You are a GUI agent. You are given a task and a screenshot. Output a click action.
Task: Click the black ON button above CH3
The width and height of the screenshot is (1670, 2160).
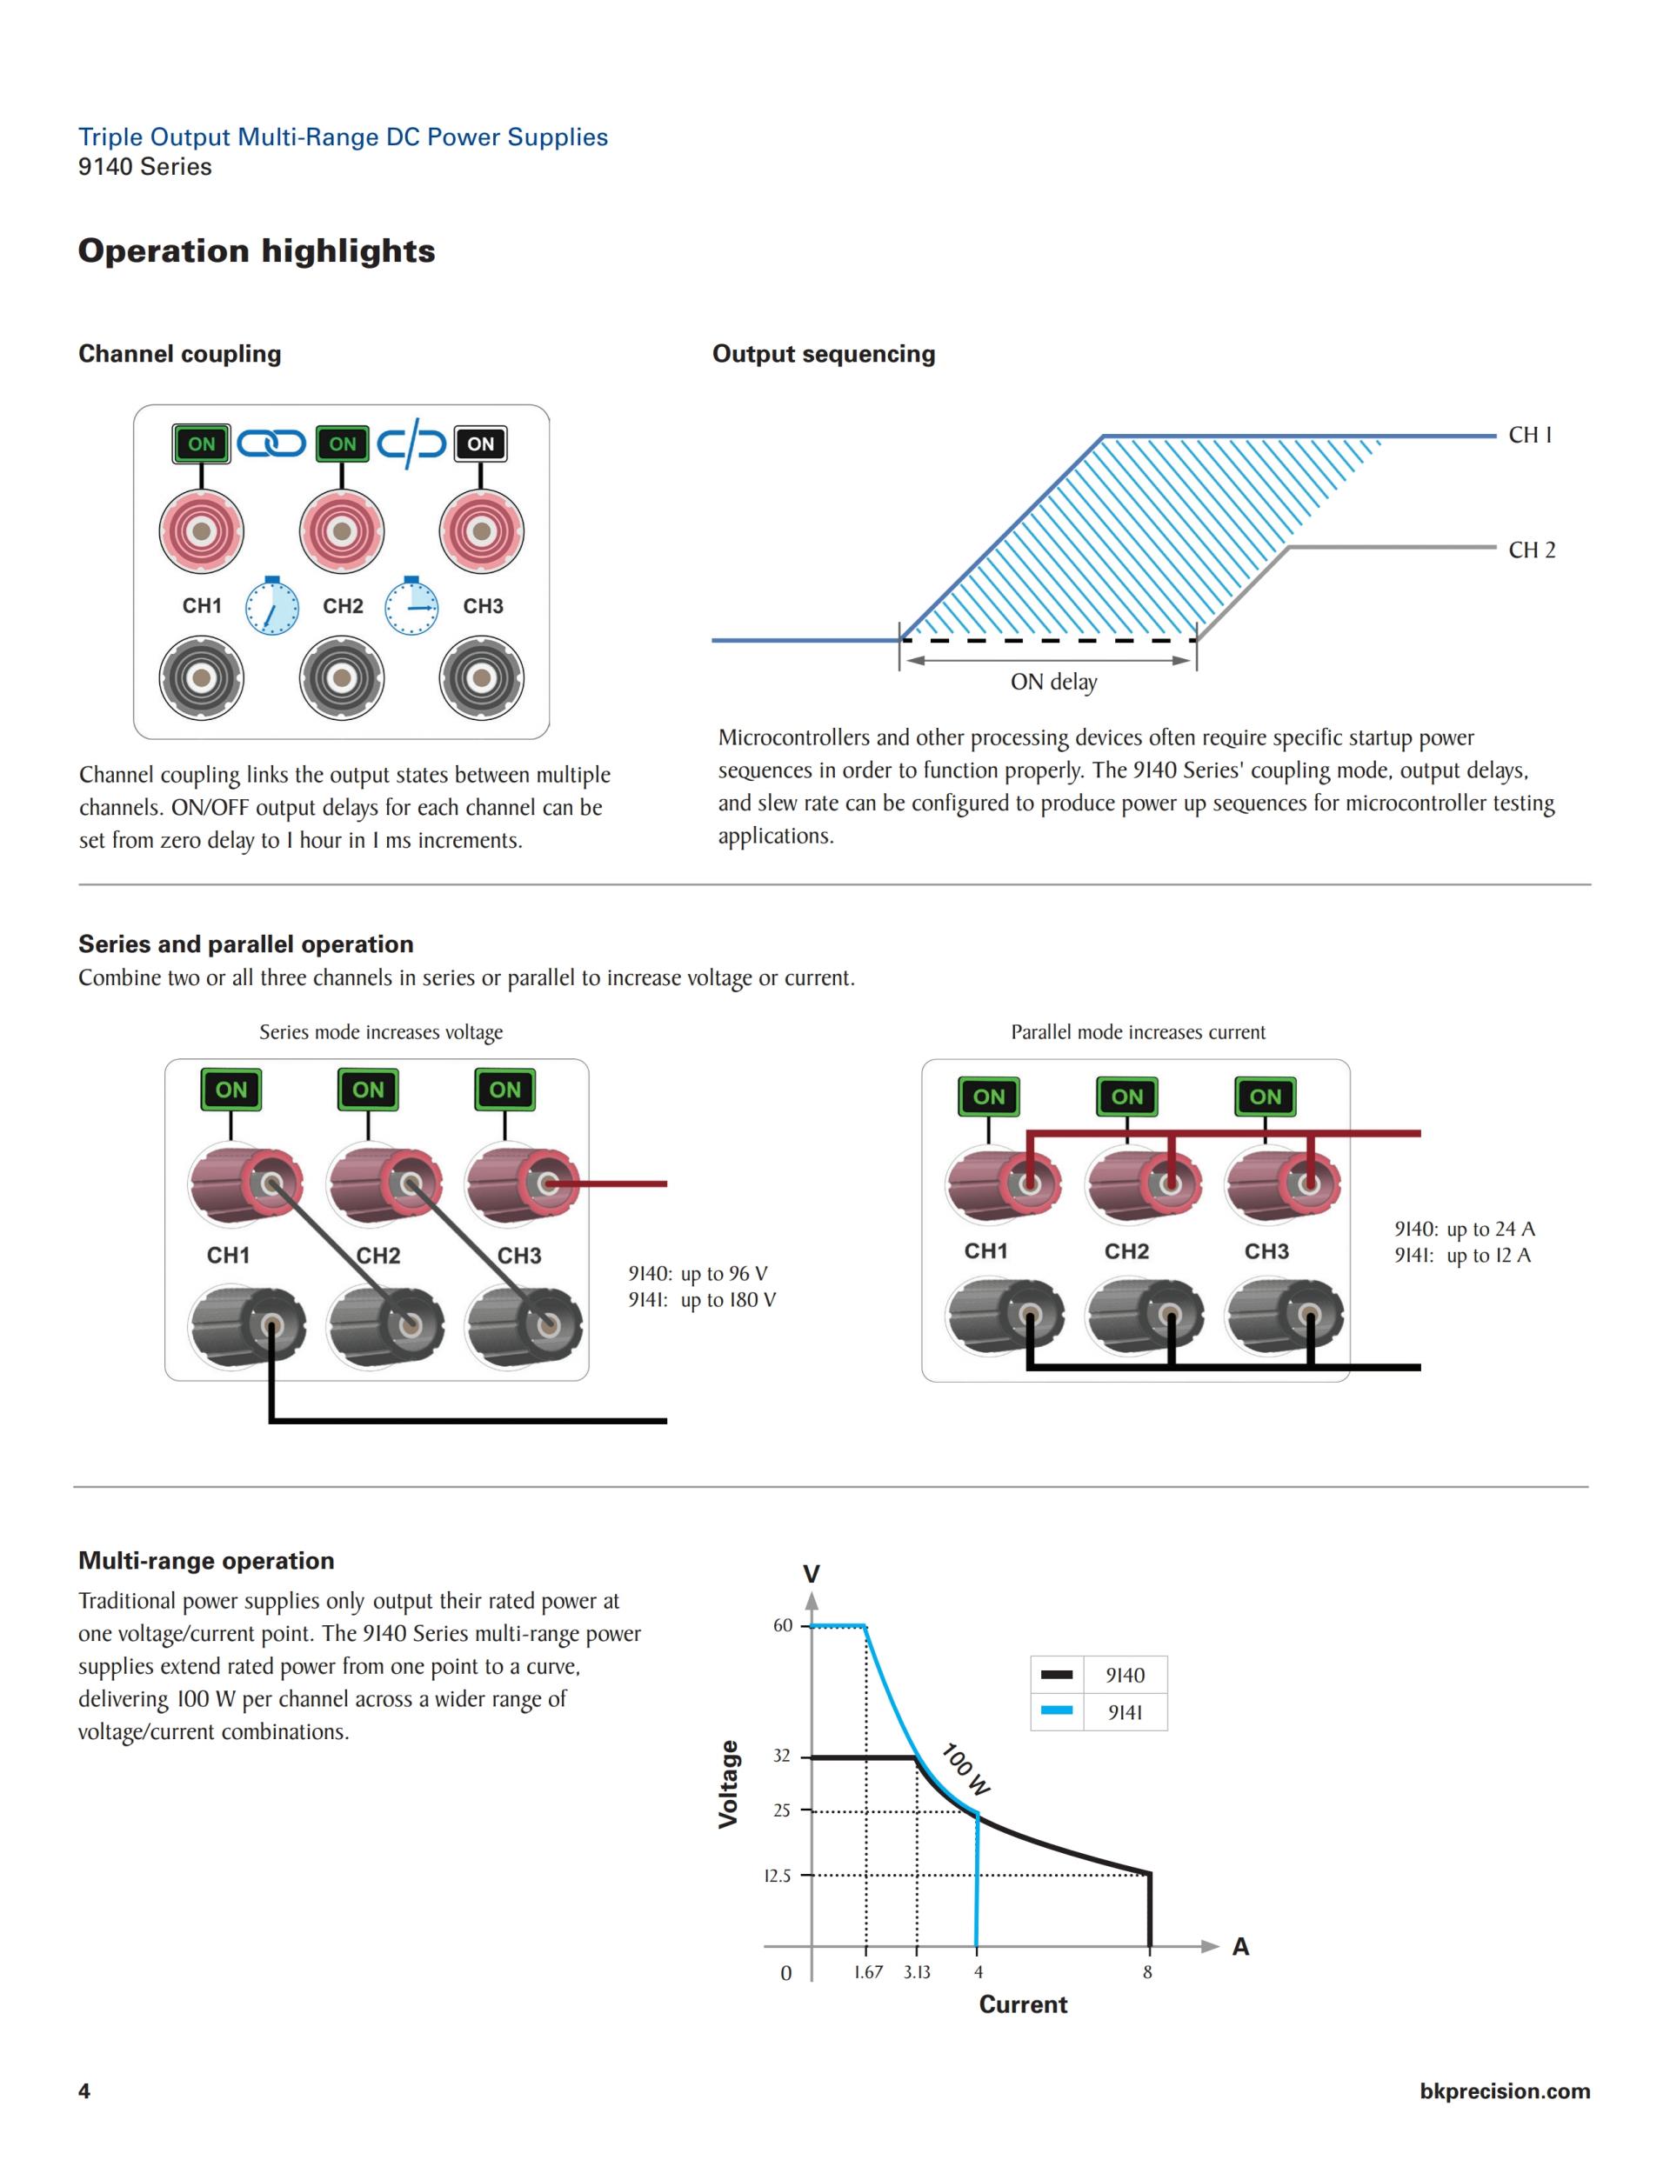pyautogui.click(x=480, y=444)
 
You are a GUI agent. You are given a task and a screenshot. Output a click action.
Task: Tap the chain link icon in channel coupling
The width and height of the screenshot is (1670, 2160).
pyautogui.click(x=271, y=443)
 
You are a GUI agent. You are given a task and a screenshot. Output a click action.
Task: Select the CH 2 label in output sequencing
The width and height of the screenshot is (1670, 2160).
pyautogui.click(x=1532, y=550)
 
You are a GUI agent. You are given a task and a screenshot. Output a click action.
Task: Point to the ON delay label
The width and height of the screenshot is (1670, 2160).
pyautogui.click(x=1053, y=682)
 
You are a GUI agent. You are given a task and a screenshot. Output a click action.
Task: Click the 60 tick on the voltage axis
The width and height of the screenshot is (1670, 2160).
pyautogui.click(x=783, y=1626)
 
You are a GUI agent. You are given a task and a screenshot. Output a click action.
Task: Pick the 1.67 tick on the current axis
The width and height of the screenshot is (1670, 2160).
pyautogui.click(x=868, y=1972)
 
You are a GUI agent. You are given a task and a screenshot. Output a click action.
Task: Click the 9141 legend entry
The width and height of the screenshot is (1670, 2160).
pyautogui.click(x=1125, y=1713)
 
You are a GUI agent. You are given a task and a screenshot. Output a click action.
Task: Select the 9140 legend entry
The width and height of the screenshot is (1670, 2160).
pyautogui.click(x=1125, y=1676)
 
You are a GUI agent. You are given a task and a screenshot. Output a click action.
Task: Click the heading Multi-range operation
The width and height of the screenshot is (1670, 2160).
pyautogui.click(x=206, y=1561)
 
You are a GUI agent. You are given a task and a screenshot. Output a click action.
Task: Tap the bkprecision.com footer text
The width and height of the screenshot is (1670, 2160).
pyautogui.click(x=1504, y=2090)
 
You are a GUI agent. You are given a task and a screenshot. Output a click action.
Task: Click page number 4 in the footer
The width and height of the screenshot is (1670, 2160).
pyautogui.click(x=84, y=2090)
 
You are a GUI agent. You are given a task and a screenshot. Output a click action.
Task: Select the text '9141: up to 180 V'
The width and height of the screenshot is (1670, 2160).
pyautogui.click(x=701, y=1299)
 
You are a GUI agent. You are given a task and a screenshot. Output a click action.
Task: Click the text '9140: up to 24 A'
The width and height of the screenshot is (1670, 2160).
pyautogui.click(x=1464, y=1230)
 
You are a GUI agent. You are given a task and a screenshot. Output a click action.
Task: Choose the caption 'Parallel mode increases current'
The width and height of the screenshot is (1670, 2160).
pyautogui.click(x=1138, y=1032)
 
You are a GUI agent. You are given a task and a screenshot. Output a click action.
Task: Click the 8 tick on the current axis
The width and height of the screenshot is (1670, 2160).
pyautogui.click(x=1147, y=1972)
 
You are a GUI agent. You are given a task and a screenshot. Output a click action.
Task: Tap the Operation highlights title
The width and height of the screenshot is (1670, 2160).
pyautogui.click(x=257, y=251)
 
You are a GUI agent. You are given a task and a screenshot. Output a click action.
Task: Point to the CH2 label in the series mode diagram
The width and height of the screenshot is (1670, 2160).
pyautogui.click(x=378, y=1256)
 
